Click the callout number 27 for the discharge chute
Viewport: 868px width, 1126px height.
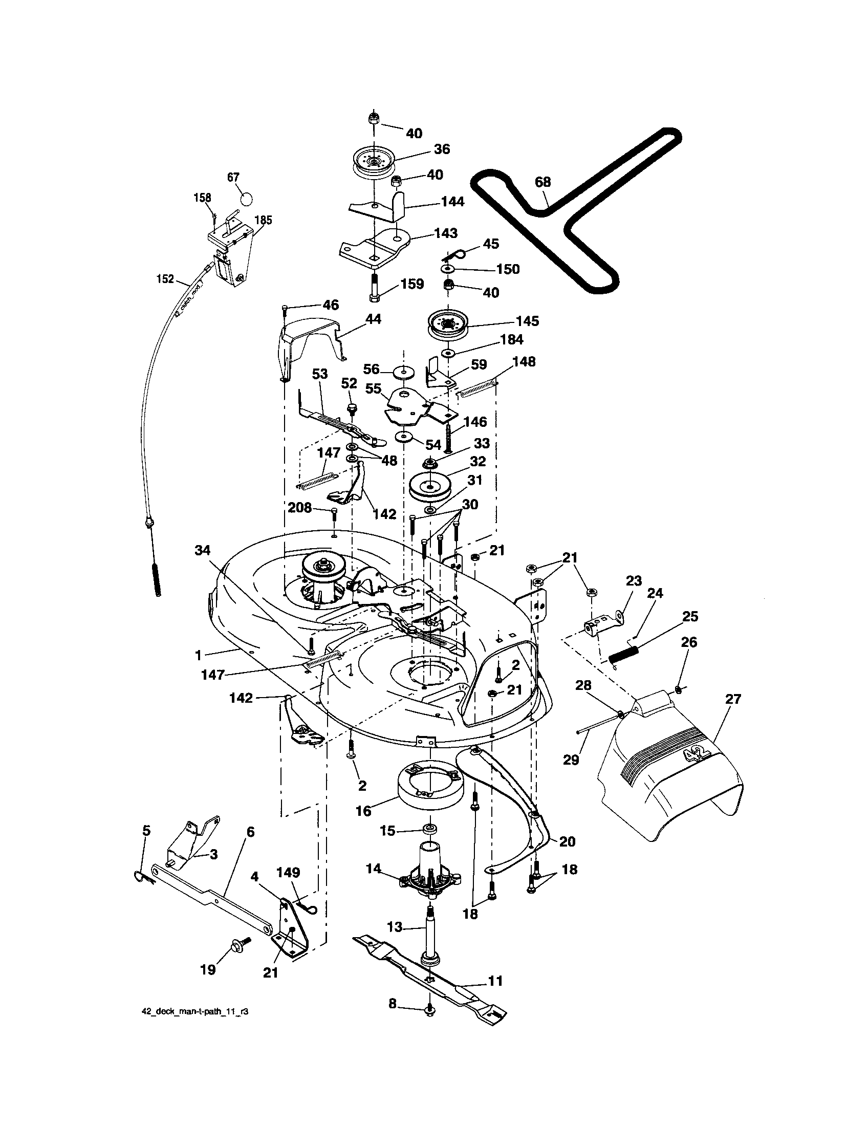click(733, 700)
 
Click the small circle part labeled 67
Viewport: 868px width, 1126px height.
click(247, 199)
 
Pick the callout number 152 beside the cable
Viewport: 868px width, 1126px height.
click(165, 279)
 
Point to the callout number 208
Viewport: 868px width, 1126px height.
click(300, 508)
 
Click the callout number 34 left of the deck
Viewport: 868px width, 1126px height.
click(203, 551)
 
